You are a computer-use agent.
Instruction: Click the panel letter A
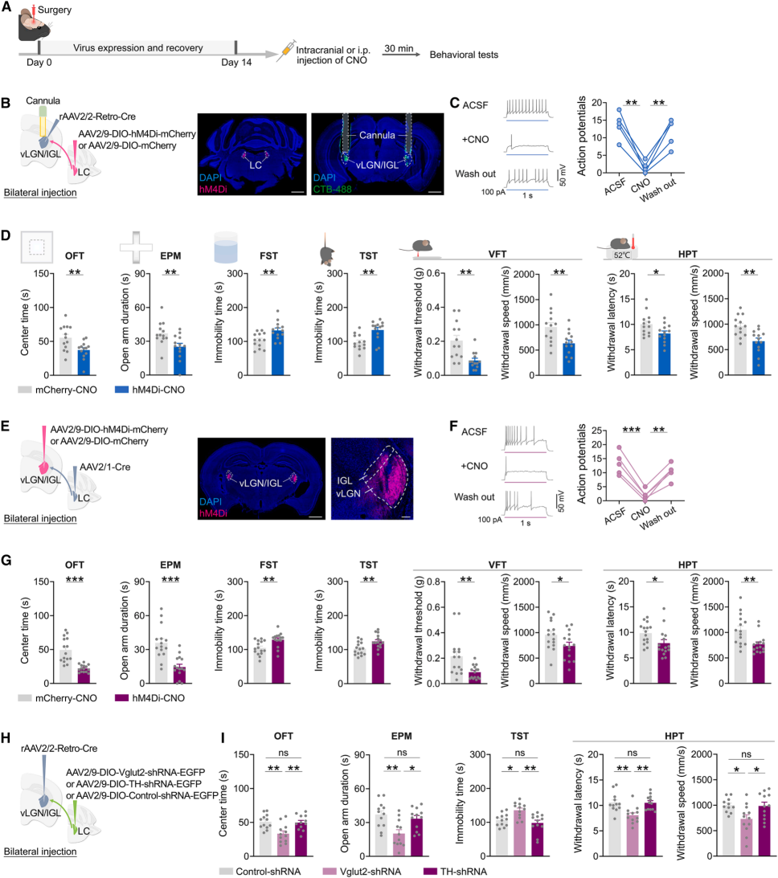7,7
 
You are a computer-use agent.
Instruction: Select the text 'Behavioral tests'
464,55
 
